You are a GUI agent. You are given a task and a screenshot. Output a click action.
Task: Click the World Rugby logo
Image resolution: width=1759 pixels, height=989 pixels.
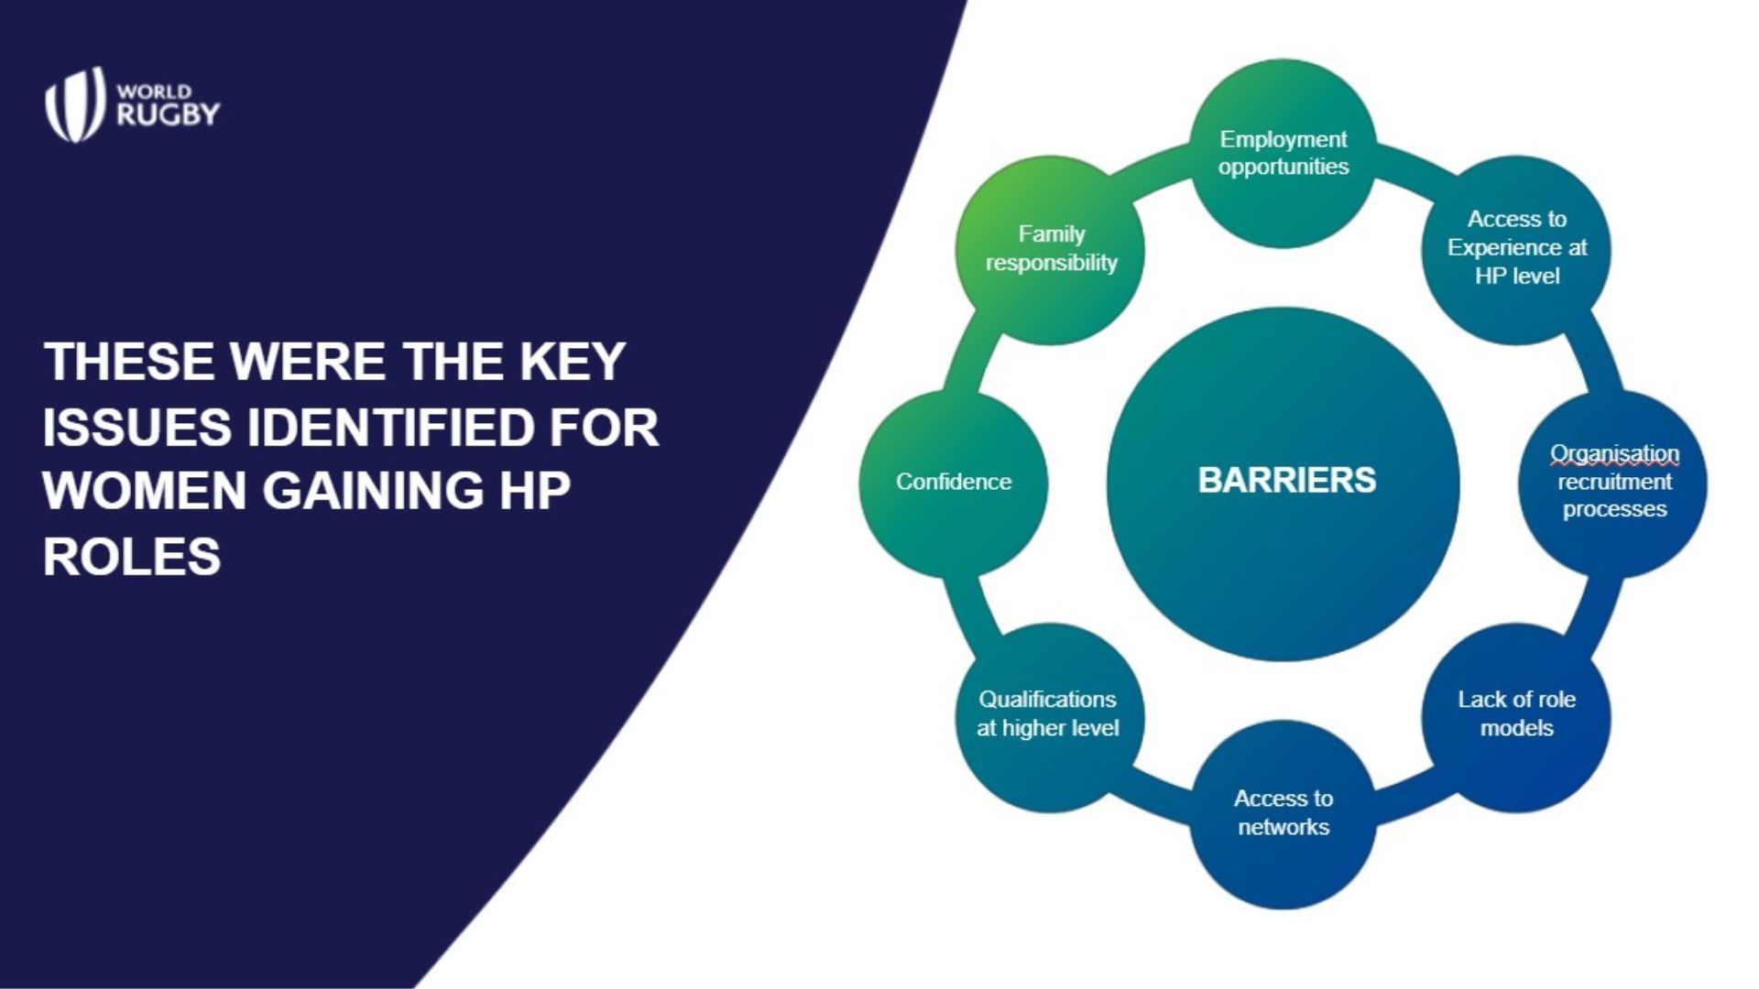pyautogui.click(x=133, y=104)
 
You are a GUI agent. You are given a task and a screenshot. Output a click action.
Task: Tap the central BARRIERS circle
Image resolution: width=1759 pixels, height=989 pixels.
pyautogui.click(x=1284, y=484)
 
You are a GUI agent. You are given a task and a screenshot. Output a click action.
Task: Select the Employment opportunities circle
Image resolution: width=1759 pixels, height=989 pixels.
pyautogui.click(x=1284, y=153)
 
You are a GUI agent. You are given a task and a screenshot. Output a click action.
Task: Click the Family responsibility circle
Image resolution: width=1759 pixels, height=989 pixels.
pyautogui.click(x=1050, y=250)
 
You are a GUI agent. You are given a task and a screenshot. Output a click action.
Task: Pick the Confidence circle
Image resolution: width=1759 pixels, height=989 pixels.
pyautogui.click(x=953, y=484)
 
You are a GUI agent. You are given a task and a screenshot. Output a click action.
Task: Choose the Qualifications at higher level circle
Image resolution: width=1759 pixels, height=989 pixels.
pyautogui.click(x=1050, y=718)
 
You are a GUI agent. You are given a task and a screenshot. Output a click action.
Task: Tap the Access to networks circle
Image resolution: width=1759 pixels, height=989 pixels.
pyautogui.click(x=1284, y=815)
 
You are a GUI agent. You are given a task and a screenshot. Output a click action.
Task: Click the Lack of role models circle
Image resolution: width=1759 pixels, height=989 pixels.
pyautogui.click(x=1517, y=718)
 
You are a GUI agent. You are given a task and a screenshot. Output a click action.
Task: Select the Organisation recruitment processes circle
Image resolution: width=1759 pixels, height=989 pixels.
pyautogui.click(x=1613, y=484)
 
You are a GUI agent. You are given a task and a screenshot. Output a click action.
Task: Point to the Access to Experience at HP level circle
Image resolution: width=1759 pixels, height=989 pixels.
pyautogui.click(x=1517, y=250)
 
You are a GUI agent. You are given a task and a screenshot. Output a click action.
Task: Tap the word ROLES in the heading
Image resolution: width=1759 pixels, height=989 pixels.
pyautogui.click(x=132, y=556)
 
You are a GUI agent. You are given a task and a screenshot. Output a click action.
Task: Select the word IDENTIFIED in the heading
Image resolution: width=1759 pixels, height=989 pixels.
pyautogui.click(x=391, y=428)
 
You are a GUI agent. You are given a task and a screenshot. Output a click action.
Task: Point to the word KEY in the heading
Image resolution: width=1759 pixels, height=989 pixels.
pyautogui.click(x=573, y=361)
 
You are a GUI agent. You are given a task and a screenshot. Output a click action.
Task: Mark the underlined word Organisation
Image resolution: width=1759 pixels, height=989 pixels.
pyautogui.click(x=1614, y=454)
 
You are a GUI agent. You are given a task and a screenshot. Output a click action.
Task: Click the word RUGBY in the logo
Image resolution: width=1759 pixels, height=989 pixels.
pyautogui.click(x=169, y=114)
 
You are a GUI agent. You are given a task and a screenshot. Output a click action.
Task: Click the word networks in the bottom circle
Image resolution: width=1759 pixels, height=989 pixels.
pyautogui.click(x=1284, y=827)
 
